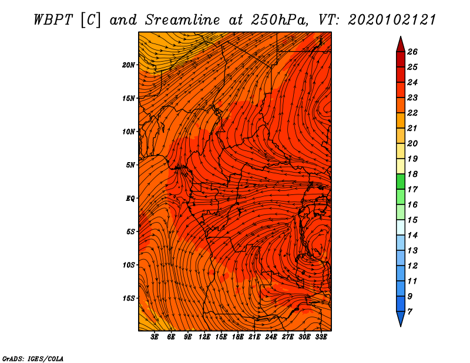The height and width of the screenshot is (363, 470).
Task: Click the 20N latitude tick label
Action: (x=129, y=65)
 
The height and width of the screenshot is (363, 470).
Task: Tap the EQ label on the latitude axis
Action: (x=130, y=199)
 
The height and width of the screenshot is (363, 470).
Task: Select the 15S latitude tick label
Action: (x=129, y=298)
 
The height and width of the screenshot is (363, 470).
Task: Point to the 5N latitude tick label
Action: (x=130, y=165)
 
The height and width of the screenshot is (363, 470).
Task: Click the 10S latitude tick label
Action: (x=129, y=265)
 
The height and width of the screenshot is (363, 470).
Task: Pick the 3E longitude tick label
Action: (x=155, y=337)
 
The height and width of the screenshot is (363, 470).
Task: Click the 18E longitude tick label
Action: (x=238, y=337)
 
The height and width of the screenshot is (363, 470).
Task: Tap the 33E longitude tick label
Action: (x=321, y=337)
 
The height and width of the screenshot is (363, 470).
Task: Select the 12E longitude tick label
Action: (x=204, y=337)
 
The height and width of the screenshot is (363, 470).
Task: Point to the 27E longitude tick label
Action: (x=288, y=337)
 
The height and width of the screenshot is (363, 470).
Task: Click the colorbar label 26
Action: (x=412, y=52)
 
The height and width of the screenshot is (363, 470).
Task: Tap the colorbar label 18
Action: (x=412, y=174)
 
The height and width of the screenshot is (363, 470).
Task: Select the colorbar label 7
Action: (x=409, y=312)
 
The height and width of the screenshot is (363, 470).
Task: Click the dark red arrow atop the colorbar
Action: (x=401, y=45)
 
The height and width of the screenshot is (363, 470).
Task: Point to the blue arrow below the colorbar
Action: (x=401, y=318)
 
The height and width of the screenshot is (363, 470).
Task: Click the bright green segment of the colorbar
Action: (x=401, y=181)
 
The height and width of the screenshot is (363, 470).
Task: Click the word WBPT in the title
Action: (x=53, y=20)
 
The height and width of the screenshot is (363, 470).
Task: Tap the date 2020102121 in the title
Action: (x=392, y=20)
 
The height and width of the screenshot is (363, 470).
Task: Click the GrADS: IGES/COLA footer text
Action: (x=33, y=359)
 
